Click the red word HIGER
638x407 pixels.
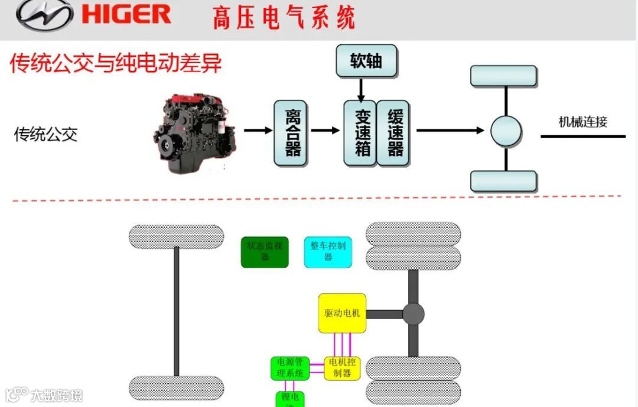coord(126,14)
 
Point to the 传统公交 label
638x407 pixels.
coord(45,134)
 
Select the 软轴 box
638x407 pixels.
coord(366,61)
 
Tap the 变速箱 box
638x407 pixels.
coord(360,132)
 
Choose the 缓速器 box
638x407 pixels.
coord(393,132)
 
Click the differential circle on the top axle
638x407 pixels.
coord(506,131)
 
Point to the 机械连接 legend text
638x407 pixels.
coord(582,122)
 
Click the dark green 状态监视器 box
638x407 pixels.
coord(265,252)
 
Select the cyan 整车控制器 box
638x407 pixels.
coord(328,252)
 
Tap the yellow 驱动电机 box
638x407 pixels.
coord(342,313)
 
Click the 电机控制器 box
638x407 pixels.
coord(342,368)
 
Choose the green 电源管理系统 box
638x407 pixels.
coord(290,368)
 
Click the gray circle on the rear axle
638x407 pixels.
coord(414,314)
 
